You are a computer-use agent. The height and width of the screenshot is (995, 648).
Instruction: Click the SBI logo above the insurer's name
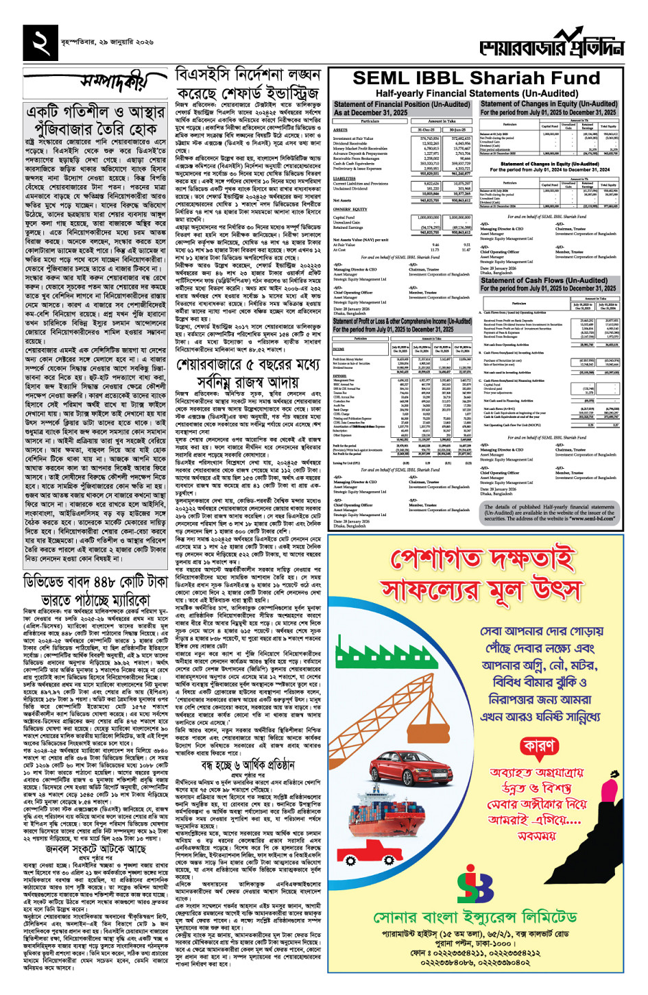click(475, 884)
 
